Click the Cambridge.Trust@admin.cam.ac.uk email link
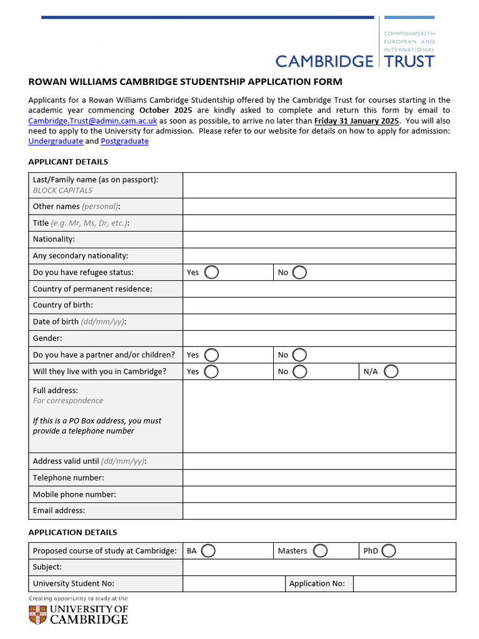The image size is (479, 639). [93, 121]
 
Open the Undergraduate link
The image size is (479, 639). [56, 141]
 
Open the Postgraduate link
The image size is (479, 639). [125, 141]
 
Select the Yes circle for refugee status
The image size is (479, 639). [211, 273]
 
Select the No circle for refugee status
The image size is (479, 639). [299, 273]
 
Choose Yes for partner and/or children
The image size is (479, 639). [211, 355]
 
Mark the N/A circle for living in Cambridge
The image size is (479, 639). [391, 372]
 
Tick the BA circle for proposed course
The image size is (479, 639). [208, 551]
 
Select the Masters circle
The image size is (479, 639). [320, 551]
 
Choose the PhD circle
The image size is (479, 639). [389, 551]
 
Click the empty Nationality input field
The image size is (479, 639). [319, 240]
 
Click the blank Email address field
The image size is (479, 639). [319, 510]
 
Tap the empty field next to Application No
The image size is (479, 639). [404, 584]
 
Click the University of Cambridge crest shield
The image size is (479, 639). [37, 614]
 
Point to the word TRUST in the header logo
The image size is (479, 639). [409, 61]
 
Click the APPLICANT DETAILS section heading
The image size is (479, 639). [68, 162]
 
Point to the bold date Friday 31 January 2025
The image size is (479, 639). [356, 121]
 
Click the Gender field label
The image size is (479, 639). [47, 338]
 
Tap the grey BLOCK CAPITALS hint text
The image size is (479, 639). [62, 190]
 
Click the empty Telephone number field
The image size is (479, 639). [319, 478]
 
